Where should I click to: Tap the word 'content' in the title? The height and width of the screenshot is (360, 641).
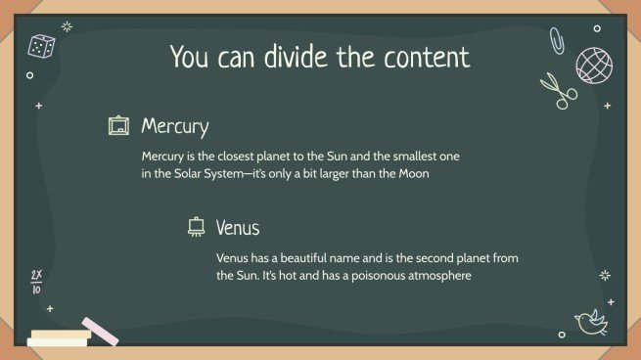coord(424,56)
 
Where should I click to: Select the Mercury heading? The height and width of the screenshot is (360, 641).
coord(174,126)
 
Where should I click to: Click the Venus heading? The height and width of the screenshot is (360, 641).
coord(238,228)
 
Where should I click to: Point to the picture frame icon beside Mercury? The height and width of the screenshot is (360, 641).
coord(118,126)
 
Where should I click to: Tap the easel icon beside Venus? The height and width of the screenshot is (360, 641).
coord(195,227)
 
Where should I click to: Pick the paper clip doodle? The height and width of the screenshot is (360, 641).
coord(556,40)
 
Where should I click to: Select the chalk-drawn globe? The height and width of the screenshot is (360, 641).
coord(594,65)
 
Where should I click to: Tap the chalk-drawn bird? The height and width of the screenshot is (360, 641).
coord(590,321)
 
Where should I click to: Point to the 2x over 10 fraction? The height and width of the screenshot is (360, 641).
coord(36,282)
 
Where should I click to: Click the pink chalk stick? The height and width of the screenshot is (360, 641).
coord(100,331)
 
